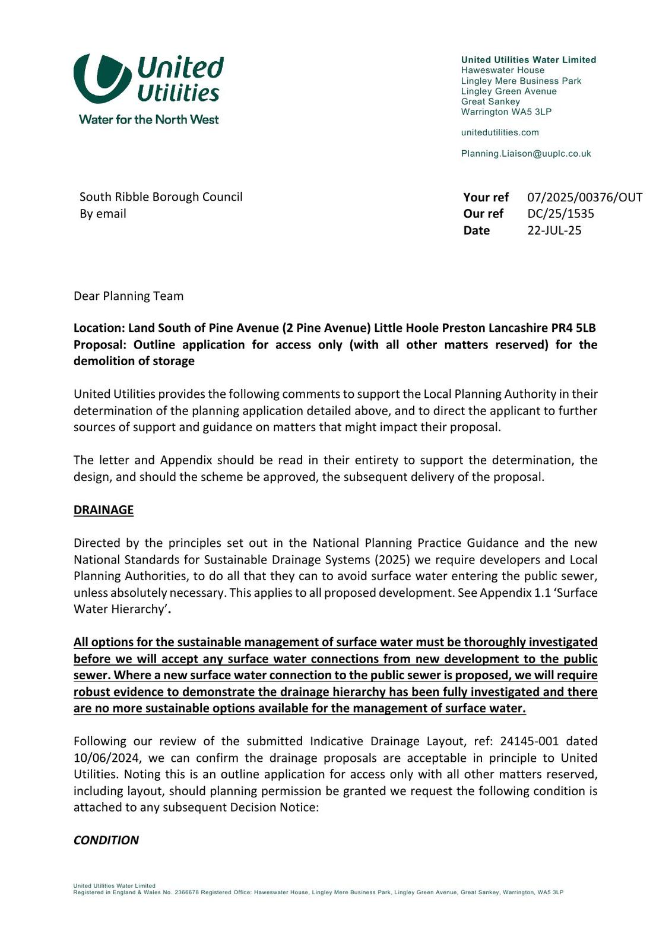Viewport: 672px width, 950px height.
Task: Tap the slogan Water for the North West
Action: pos(148,119)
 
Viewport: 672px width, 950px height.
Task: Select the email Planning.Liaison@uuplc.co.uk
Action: pos(526,153)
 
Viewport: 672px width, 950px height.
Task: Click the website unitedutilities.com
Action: pos(500,132)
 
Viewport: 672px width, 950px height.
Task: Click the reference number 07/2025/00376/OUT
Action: pos(584,197)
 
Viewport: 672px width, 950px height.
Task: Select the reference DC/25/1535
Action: pos(560,214)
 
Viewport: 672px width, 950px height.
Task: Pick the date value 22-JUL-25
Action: pos(554,230)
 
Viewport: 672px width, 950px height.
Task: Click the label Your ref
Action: pos(486,197)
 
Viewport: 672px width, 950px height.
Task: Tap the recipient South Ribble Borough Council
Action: pos(161,197)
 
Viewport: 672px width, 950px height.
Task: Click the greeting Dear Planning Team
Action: pos(128,296)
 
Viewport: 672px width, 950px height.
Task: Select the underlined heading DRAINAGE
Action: pos(103,510)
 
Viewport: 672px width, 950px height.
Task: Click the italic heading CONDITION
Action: pos(106,840)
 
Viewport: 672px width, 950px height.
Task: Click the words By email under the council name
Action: pos(103,214)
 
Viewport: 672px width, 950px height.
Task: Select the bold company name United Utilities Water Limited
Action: pos(528,60)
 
